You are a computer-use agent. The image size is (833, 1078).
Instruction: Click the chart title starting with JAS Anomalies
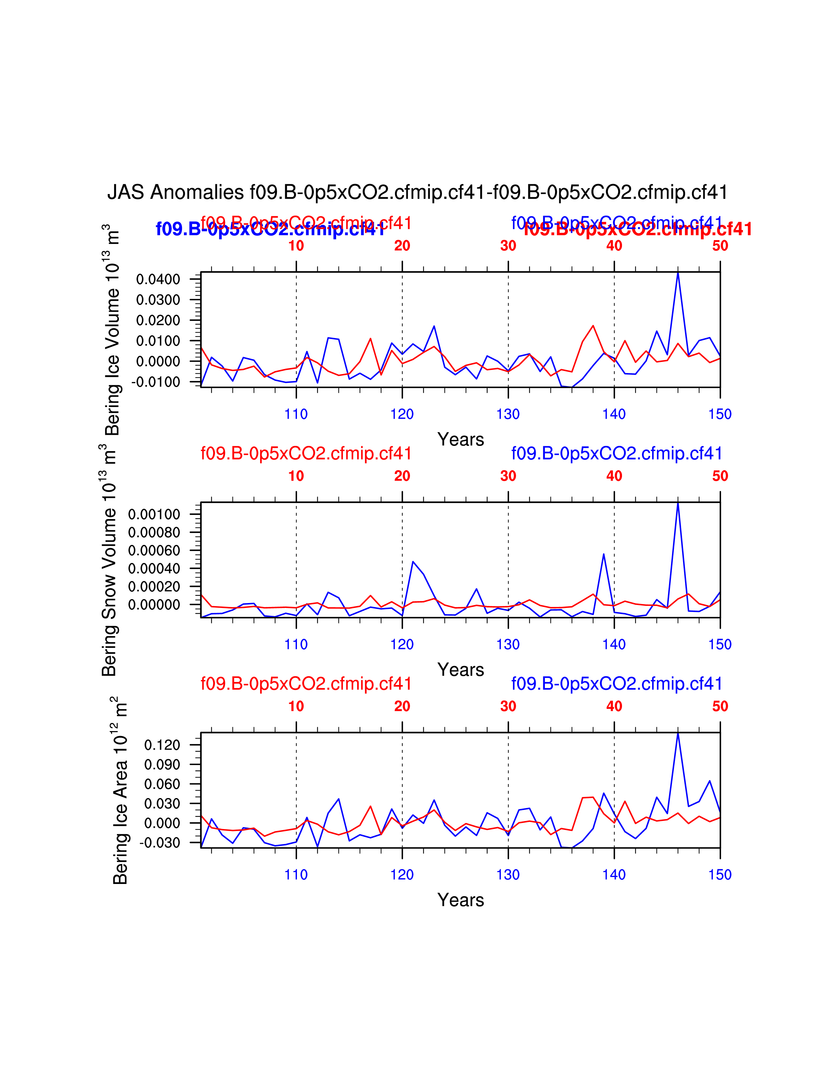point(417,192)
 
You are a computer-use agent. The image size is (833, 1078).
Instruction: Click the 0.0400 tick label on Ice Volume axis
point(158,279)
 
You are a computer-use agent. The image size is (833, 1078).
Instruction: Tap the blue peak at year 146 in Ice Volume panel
point(678,273)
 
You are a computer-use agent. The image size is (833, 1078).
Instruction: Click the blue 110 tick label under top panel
point(296,414)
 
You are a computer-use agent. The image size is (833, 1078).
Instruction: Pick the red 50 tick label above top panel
point(720,246)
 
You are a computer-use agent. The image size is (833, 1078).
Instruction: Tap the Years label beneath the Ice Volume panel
point(460,439)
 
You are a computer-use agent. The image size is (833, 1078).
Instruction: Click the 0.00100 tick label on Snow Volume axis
point(154,514)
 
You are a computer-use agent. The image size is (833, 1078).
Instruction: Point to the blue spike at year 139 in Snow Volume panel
point(604,554)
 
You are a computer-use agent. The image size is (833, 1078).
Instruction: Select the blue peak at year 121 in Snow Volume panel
point(413,562)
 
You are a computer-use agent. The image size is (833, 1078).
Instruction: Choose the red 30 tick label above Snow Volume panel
point(508,476)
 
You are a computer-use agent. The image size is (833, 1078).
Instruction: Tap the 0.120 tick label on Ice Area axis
point(162,745)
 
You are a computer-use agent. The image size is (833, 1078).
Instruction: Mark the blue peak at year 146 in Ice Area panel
point(678,733)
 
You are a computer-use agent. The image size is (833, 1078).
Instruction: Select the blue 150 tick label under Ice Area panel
point(720,874)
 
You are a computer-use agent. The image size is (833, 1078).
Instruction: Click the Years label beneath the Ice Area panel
point(460,900)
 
